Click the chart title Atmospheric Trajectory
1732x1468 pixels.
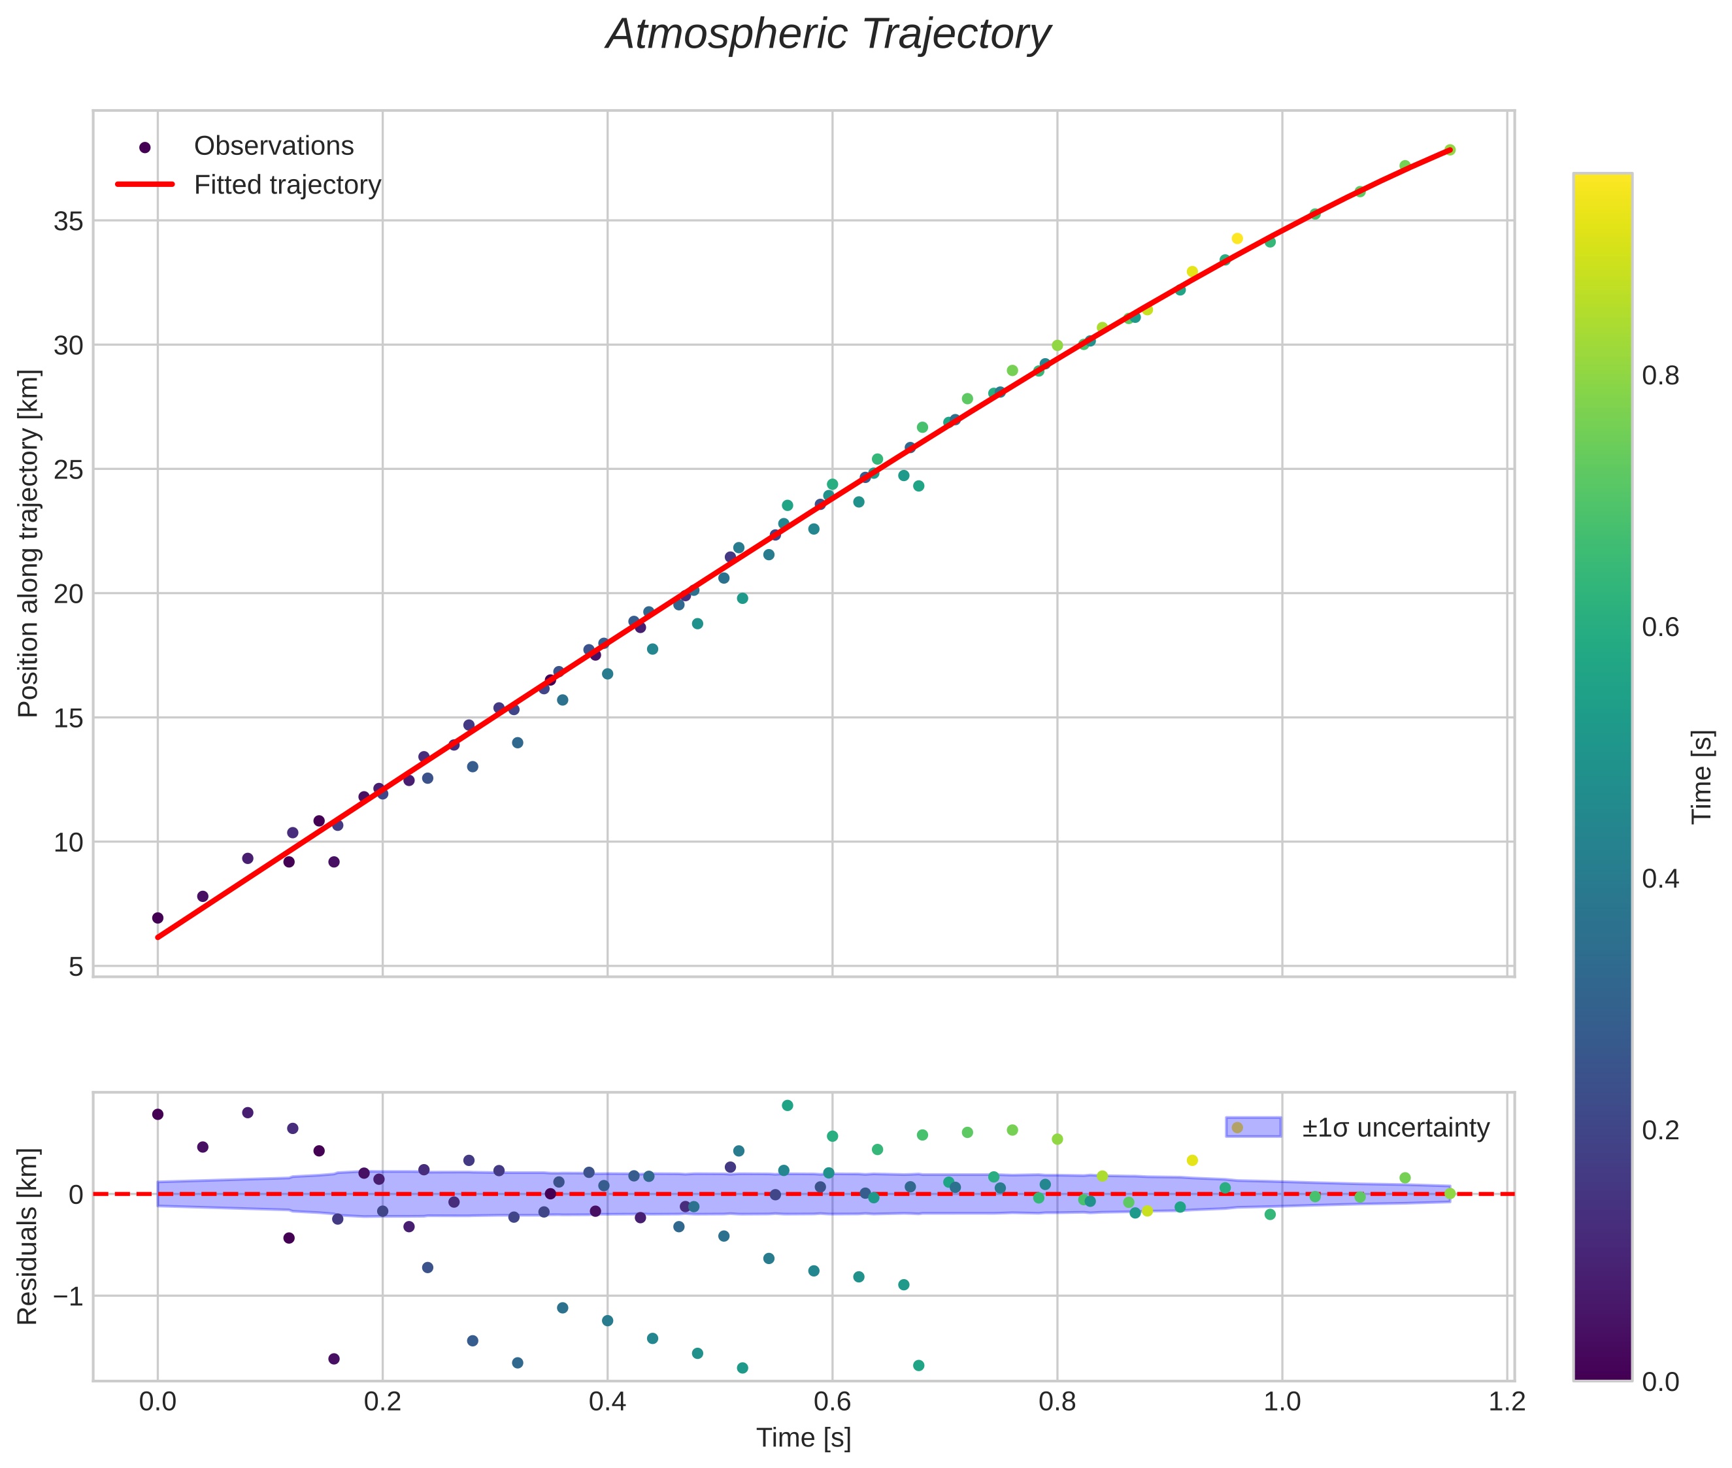coord(827,35)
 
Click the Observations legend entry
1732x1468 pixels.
coord(273,146)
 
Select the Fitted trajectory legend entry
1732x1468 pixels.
coord(286,185)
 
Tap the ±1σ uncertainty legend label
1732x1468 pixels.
coord(1395,1129)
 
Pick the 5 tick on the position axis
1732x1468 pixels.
coord(76,967)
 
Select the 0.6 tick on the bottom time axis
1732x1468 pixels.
coord(831,1402)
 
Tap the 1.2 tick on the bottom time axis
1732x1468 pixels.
coord(1507,1402)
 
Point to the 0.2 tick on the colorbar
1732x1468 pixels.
coord(1659,1130)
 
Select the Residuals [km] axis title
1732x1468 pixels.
coord(28,1236)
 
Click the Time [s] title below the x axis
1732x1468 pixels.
coord(803,1438)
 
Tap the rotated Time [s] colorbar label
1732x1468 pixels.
coord(1701,776)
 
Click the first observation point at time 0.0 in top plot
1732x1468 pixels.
coord(158,918)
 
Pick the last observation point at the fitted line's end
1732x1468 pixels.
coord(1449,150)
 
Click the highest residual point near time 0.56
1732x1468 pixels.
coord(786,1105)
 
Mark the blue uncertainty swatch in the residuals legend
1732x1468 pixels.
coord(1253,1127)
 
